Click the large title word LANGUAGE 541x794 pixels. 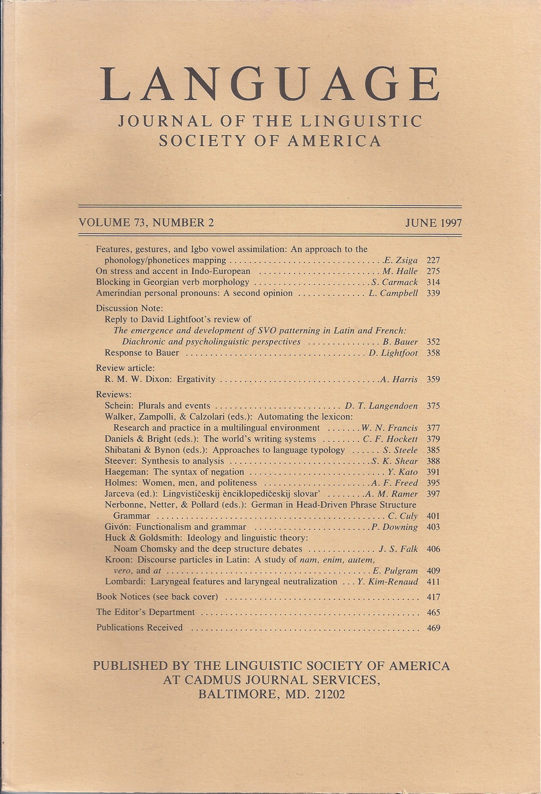tap(270, 85)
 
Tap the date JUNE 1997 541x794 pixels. tap(433, 223)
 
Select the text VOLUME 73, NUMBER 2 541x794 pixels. tap(146, 222)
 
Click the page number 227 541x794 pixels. tap(433, 260)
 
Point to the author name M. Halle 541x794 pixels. tap(400, 271)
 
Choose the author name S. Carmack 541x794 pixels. tap(394, 282)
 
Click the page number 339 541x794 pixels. tap(433, 293)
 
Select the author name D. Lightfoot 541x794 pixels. tap(393, 353)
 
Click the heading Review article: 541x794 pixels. tap(125, 368)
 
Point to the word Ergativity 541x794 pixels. tap(196, 379)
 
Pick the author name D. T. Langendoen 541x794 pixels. tap(381, 406)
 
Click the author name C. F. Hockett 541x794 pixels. tap(390, 439)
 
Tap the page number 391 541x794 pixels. tap(433, 472)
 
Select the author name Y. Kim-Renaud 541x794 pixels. tap(388, 582)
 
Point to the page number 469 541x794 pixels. tap(433, 628)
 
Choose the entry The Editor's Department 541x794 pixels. tap(146, 612)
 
